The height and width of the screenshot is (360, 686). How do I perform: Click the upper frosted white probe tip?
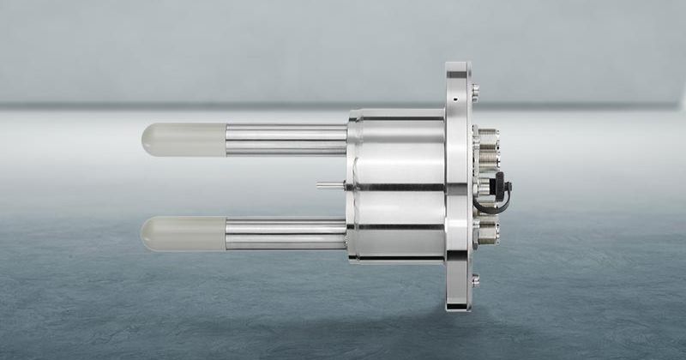183,139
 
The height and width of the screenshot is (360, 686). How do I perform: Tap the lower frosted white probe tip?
183,232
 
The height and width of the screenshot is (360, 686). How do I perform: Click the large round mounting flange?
457,185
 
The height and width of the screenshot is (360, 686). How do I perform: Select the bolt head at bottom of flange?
475,279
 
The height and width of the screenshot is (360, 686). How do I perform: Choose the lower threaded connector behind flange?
487,231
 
